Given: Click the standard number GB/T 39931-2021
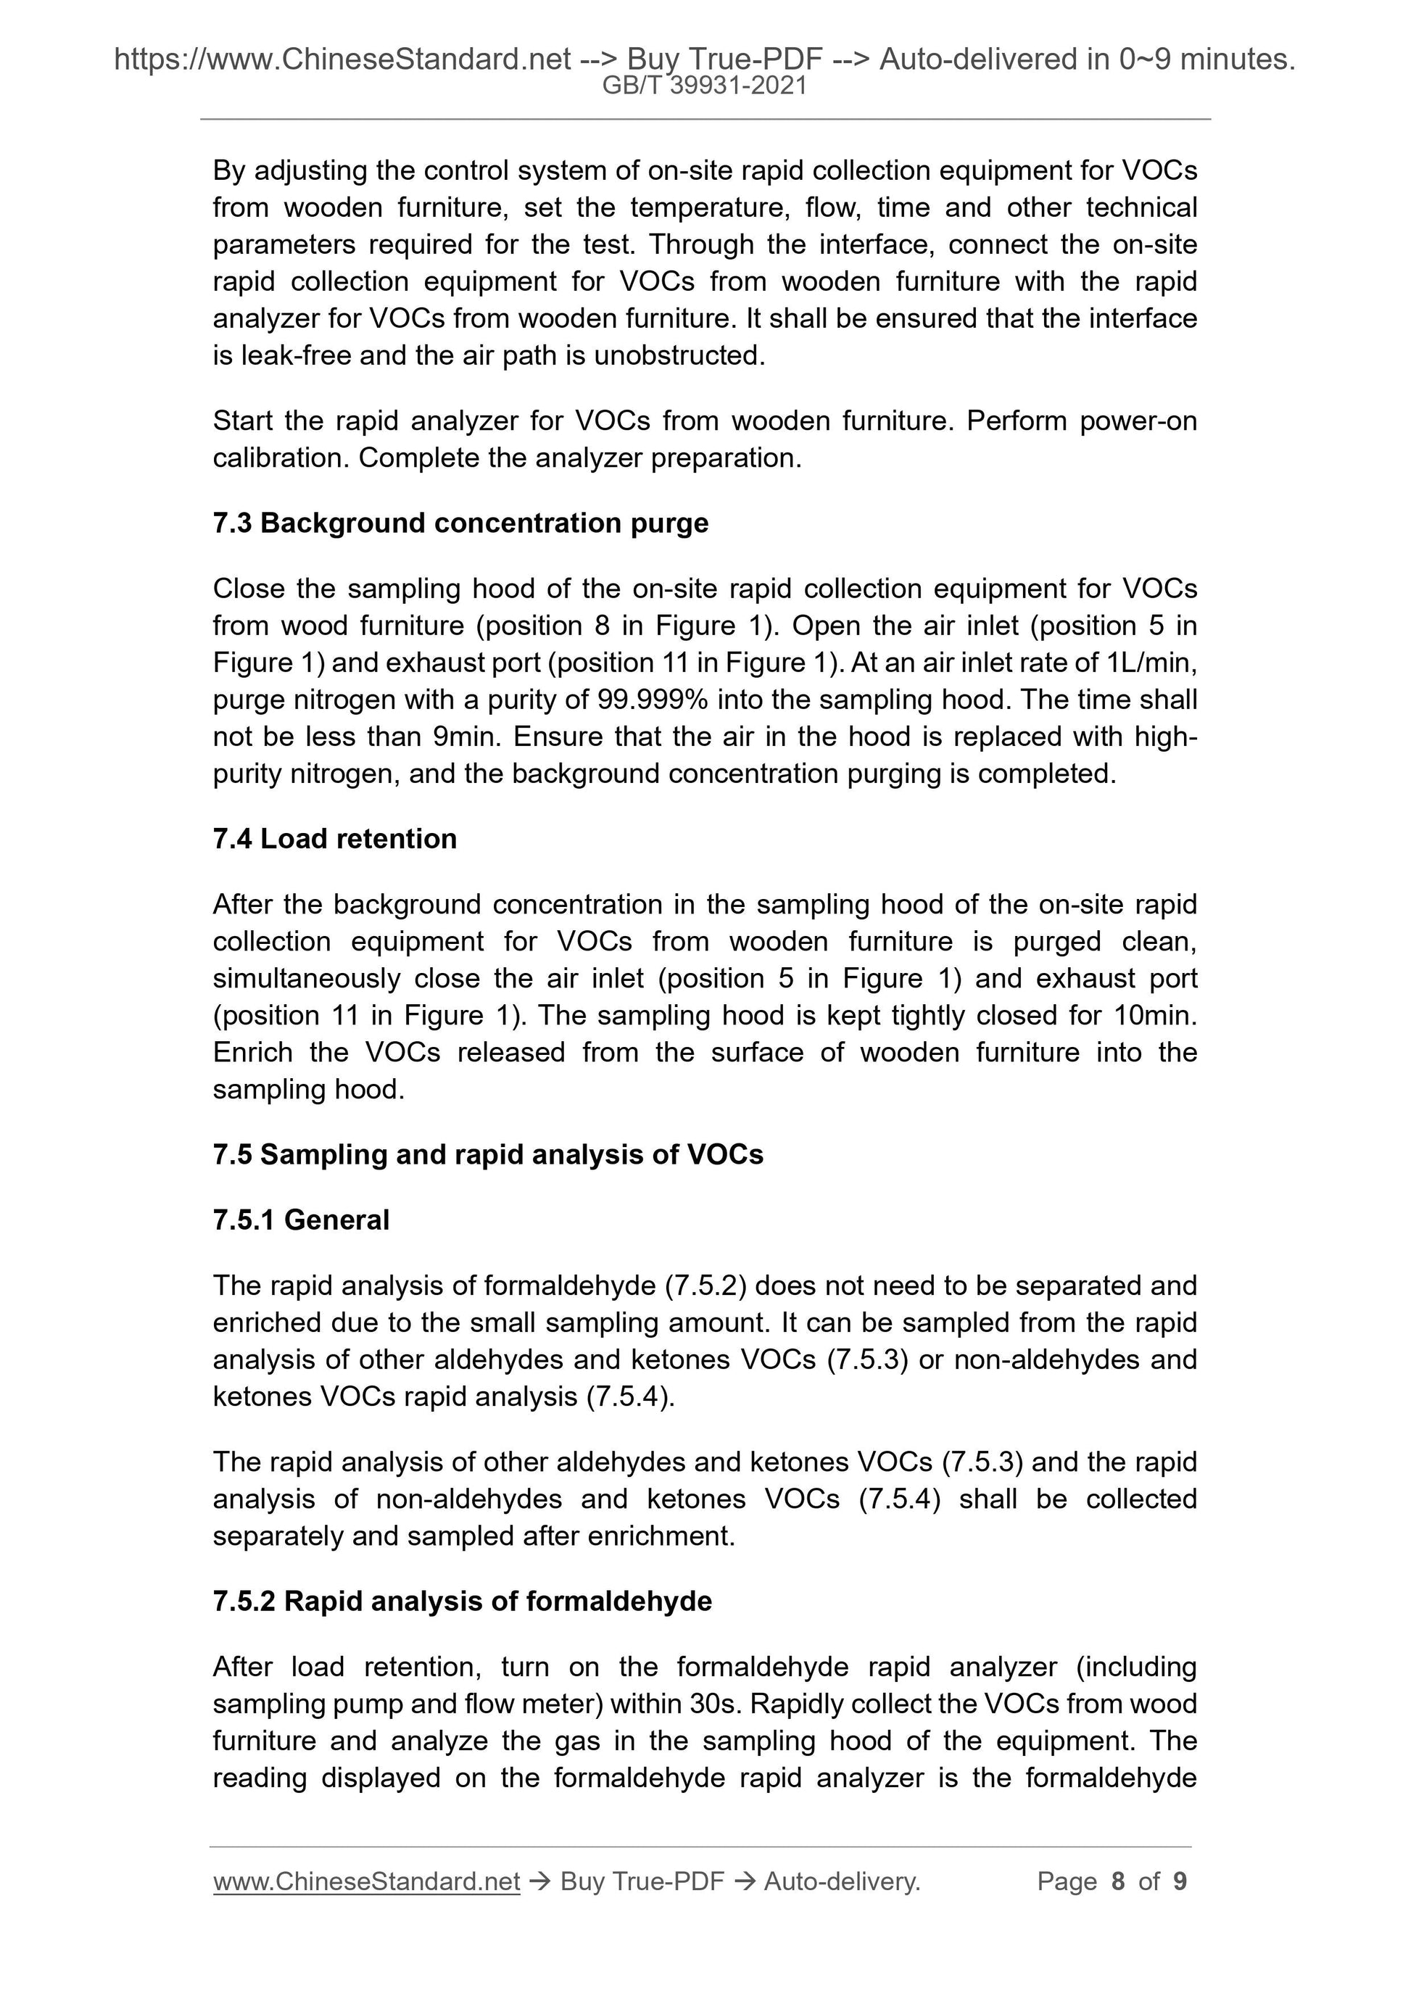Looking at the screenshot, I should coord(704,86).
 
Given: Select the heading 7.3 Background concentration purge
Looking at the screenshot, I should coord(460,523).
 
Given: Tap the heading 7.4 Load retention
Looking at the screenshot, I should coord(335,839).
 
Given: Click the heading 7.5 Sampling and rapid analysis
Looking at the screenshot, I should coord(488,1154).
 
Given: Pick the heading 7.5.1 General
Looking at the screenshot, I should coord(301,1219).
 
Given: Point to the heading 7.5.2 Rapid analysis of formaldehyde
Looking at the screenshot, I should coord(462,1602).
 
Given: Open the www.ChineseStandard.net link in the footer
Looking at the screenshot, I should coord(366,1882).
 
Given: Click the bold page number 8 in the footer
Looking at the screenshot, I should coord(1117,1882).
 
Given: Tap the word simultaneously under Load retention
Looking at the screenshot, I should coord(305,979).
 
